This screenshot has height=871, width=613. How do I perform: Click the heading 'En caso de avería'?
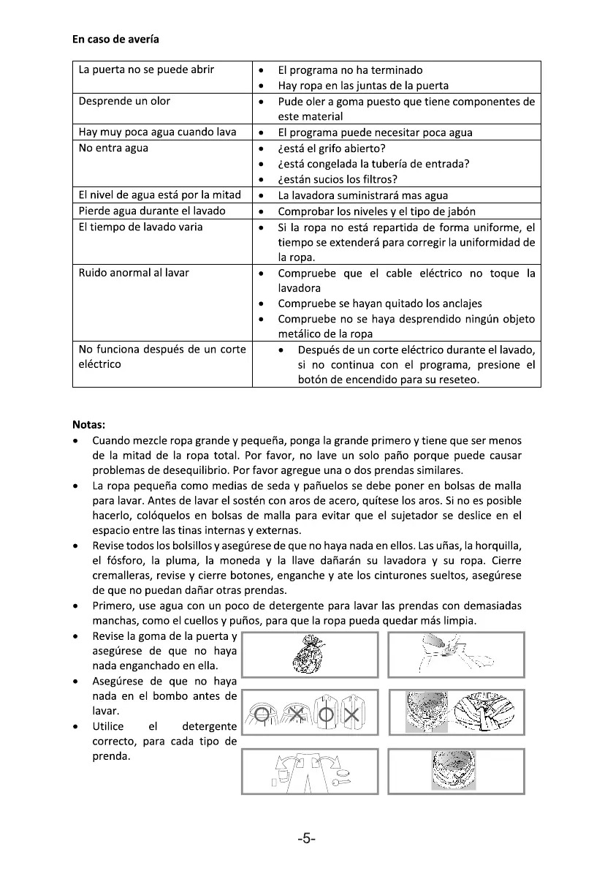(115, 39)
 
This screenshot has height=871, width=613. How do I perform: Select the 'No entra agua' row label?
(113, 148)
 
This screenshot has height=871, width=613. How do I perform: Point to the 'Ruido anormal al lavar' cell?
(134, 273)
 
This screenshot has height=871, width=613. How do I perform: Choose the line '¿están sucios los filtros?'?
(347, 179)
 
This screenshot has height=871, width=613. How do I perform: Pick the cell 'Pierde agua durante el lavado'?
(152, 211)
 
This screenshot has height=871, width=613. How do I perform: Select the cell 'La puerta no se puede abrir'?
(146, 70)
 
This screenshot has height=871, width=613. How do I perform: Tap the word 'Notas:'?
(88, 424)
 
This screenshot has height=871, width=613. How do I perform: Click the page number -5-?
(306, 838)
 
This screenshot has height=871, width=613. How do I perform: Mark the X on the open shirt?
(351, 713)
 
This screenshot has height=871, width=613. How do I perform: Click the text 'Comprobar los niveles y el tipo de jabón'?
(376, 211)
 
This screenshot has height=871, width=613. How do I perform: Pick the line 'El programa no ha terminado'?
(350, 70)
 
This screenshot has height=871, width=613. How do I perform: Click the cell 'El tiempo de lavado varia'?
(140, 227)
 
